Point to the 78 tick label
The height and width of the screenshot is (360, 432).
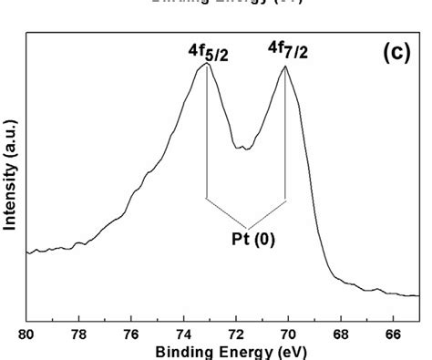[79, 334]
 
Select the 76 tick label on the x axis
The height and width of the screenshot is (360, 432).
[131, 334]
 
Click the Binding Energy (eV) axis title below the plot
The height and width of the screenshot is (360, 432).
[223, 351]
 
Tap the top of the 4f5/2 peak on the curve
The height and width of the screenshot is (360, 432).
[207, 64]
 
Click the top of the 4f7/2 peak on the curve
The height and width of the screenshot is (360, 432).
[285, 68]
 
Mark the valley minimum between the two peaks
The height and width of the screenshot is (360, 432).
[242, 148]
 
